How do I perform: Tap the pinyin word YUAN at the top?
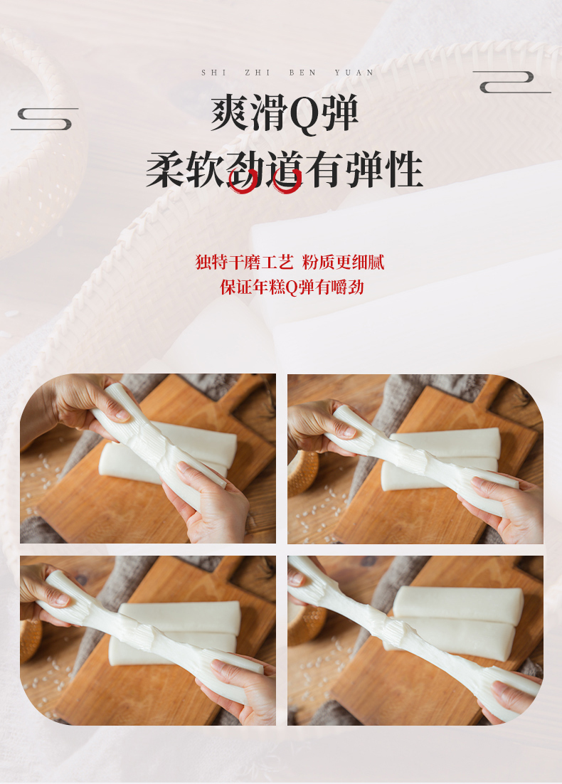tap(354, 73)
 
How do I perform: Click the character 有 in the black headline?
tap(324, 169)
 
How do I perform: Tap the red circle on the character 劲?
tap(243, 181)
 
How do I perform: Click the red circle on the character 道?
tap(287, 181)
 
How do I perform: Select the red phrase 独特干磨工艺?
tap(244, 262)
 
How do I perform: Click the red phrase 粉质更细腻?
tap(344, 262)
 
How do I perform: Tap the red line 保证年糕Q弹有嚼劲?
tap(292, 287)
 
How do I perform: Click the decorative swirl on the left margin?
tap(45, 119)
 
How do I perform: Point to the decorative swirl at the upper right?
tap(511, 82)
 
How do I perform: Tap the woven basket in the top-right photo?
tap(303, 472)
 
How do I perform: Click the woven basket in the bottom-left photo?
tap(31, 640)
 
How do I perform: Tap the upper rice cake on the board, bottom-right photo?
tap(458, 605)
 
